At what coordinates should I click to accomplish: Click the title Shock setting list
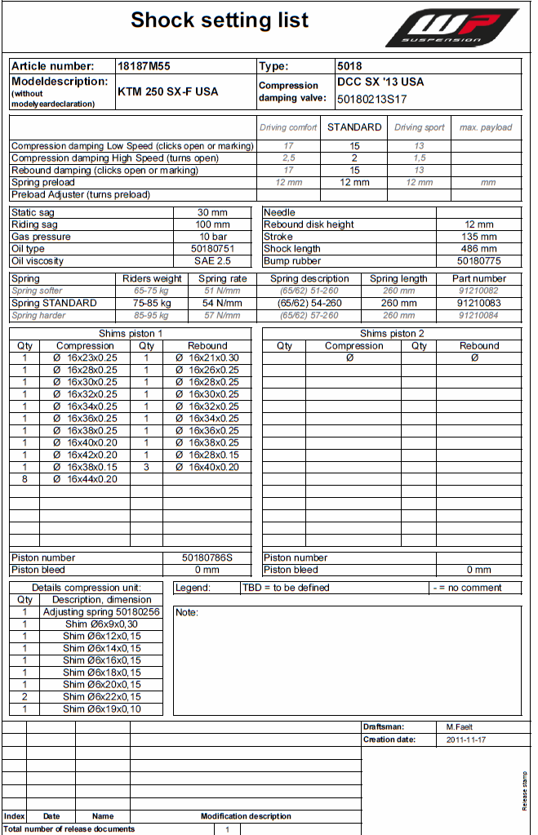pyautogui.click(x=220, y=20)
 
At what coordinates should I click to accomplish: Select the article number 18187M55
pyautogui.click(x=145, y=66)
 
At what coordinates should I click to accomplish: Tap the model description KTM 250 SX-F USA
pyautogui.click(x=168, y=91)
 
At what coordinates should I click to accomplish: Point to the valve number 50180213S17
pyautogui.click(x=372, y=100)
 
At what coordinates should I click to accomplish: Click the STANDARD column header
pyautogui.click(x=354, y=127)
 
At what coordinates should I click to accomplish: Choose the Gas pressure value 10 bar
pyautogui.click(x=213, y=237)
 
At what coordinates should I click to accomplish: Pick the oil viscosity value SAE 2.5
pyautogui.click(x=213, y=261)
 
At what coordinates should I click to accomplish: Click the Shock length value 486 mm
pyautogui.click(x=478, y=249)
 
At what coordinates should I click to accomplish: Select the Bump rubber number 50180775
pyautogui.click(x=478, y=261)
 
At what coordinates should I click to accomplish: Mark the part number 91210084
pyautogui.click(x=478, y=315)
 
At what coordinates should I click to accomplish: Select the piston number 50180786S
pyautogui.click(x=207, y=557)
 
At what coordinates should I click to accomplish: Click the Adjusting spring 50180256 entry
pyautogui.click(x=101, y=611)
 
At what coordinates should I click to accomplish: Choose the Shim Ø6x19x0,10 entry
pyautogui.click(x=101, y=709)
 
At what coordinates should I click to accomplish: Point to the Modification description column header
pyautogui.click(x=246, y=816)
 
